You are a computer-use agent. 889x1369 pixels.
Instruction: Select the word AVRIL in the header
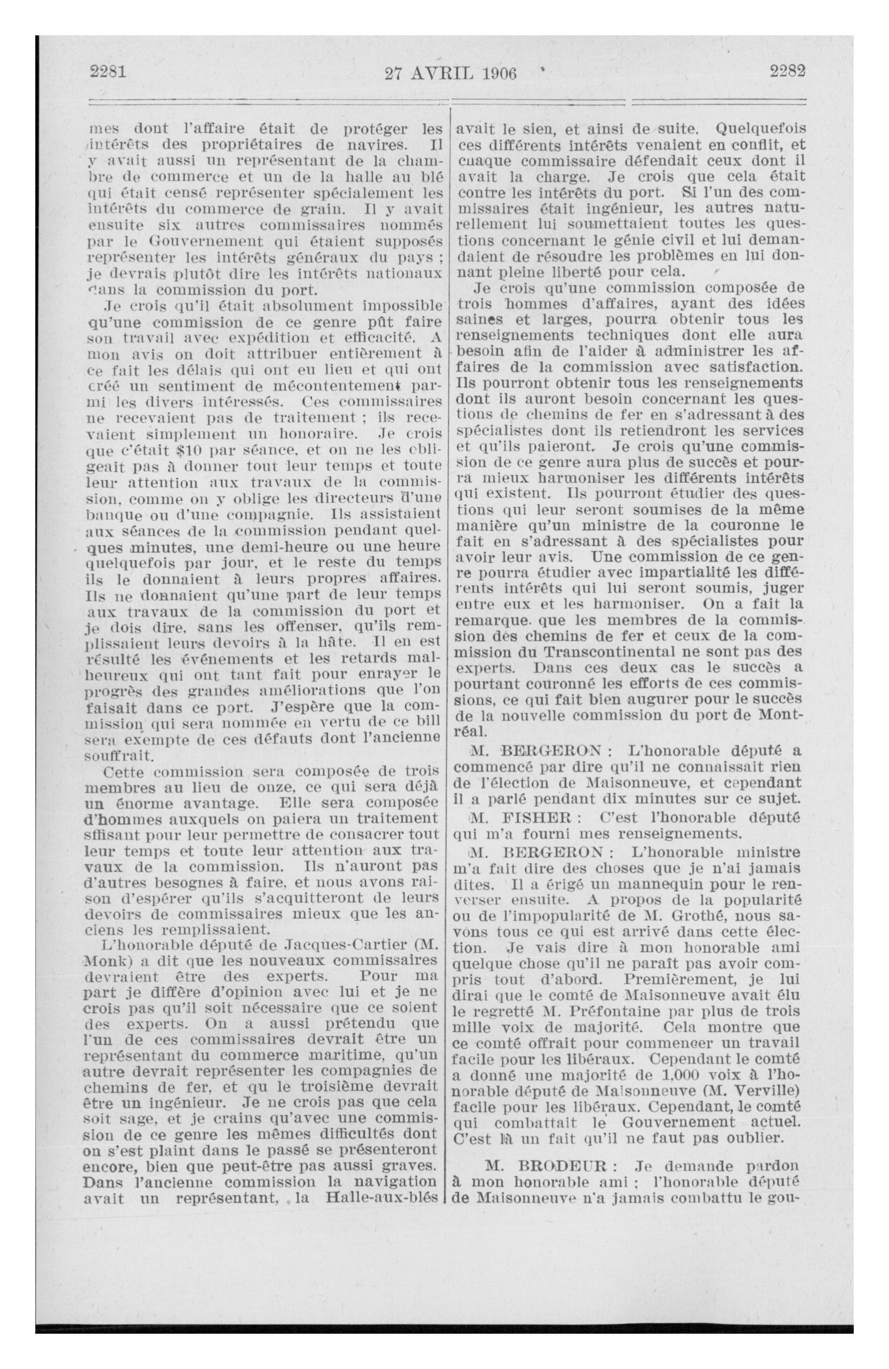click(x=441, y=73)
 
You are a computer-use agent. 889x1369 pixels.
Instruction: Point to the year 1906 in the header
click(x=500, y=73)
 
